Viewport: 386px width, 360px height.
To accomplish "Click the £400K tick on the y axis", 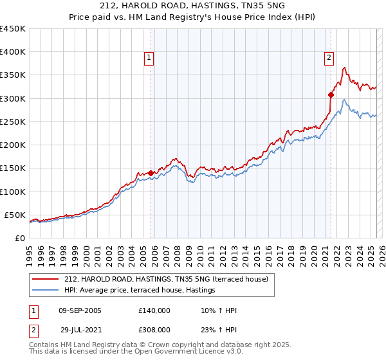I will pos(13,52).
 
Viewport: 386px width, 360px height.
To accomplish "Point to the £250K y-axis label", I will pos(13,122).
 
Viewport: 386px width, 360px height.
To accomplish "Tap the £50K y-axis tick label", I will pos(15,215).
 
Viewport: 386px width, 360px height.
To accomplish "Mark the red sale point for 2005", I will pos(151,173).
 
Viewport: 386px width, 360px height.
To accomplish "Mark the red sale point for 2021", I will pos(331,94).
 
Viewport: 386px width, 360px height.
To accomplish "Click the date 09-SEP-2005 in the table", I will pos(80,310).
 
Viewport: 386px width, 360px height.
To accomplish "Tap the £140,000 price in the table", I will pos(154,310).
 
